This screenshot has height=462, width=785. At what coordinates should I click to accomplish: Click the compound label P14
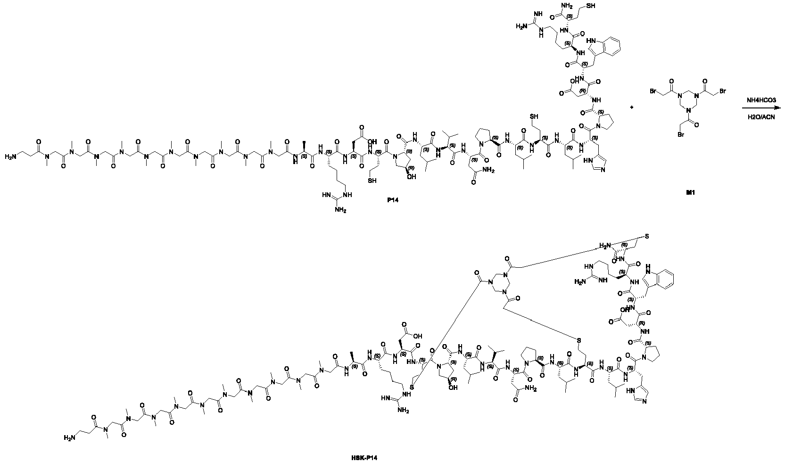point(391,200)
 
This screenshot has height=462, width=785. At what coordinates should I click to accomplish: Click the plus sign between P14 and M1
point(632,108)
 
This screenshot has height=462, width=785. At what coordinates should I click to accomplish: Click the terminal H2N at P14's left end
point(11,156)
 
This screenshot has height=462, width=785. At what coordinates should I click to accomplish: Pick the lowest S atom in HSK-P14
point(412,387)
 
